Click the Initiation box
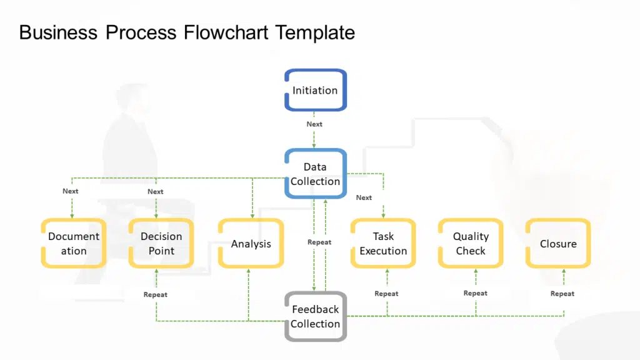[x=315, y=90]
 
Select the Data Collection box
[x=315, y=174]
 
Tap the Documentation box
[x=73, y=244]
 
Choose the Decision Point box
[x=161, y=244]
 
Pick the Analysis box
[x=251, y=244]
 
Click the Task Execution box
[x=383, y=244]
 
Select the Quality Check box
[x=471, y=244]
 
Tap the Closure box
[x=558, y=244]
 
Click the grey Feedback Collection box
[x=315, y=316]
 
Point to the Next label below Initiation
[x=314, y=124]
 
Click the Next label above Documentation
[x=71, y=191]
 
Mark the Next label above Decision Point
[x=156, y=192]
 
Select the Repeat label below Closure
[x=562, y=294]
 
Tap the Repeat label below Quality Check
[x=476, y=293]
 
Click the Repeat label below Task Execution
[x=386, y=294]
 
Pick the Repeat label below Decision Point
[x=156, y=294]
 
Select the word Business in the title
[x=58, y=32]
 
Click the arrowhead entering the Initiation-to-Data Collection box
[x=314, y=146]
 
